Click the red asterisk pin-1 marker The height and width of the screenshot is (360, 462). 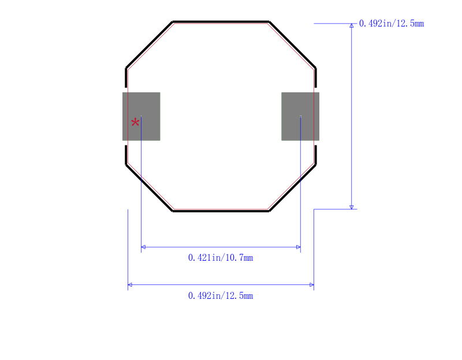click(135, 122)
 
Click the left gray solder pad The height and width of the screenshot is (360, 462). click(141, 117)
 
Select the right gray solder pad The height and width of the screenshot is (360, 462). click(300, 117)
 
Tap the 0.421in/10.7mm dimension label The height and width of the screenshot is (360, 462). click(221, 258)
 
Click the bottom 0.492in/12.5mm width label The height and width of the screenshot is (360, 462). click(221, 295)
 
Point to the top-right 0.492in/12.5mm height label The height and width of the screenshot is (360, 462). click(392, 24)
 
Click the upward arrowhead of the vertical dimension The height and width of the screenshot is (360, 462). click(352, 25)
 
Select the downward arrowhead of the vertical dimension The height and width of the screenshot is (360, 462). click(352, 207)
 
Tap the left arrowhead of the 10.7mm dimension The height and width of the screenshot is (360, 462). click(143, 247)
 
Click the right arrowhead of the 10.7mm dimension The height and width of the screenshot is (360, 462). click(299, 247)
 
